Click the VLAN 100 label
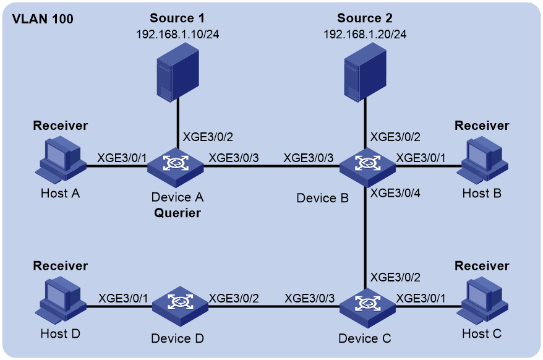43,19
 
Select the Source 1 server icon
177,72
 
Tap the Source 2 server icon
365,72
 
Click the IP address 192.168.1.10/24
177,34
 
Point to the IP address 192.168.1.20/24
365,34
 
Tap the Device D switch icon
180,306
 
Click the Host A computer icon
60,160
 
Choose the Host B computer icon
482,160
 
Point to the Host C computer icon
482,300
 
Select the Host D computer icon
60,300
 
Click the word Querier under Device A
177,213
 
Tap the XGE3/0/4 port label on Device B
395,193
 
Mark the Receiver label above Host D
60,266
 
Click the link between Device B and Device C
366,238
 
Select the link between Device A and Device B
271,166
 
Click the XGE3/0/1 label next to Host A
122,158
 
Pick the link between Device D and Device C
274,306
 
